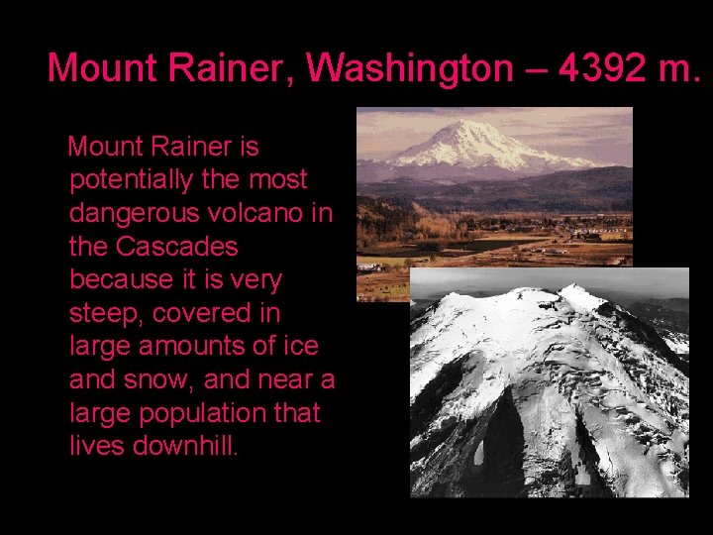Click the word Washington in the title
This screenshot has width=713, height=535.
coord(409,67)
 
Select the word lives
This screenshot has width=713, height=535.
coord(97,446)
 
